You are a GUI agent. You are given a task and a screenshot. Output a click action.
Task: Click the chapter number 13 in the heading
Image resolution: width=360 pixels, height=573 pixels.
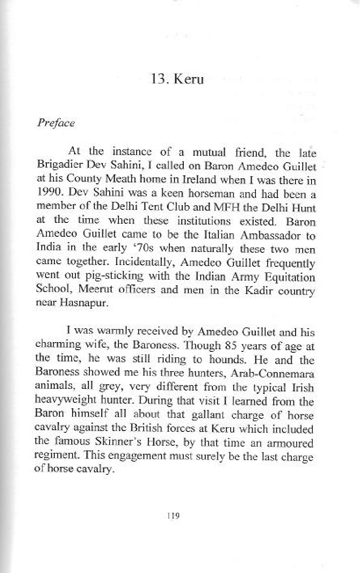coord(159,79)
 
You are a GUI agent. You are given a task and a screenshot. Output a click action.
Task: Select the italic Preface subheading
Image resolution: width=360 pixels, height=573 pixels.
coord(56,123)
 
